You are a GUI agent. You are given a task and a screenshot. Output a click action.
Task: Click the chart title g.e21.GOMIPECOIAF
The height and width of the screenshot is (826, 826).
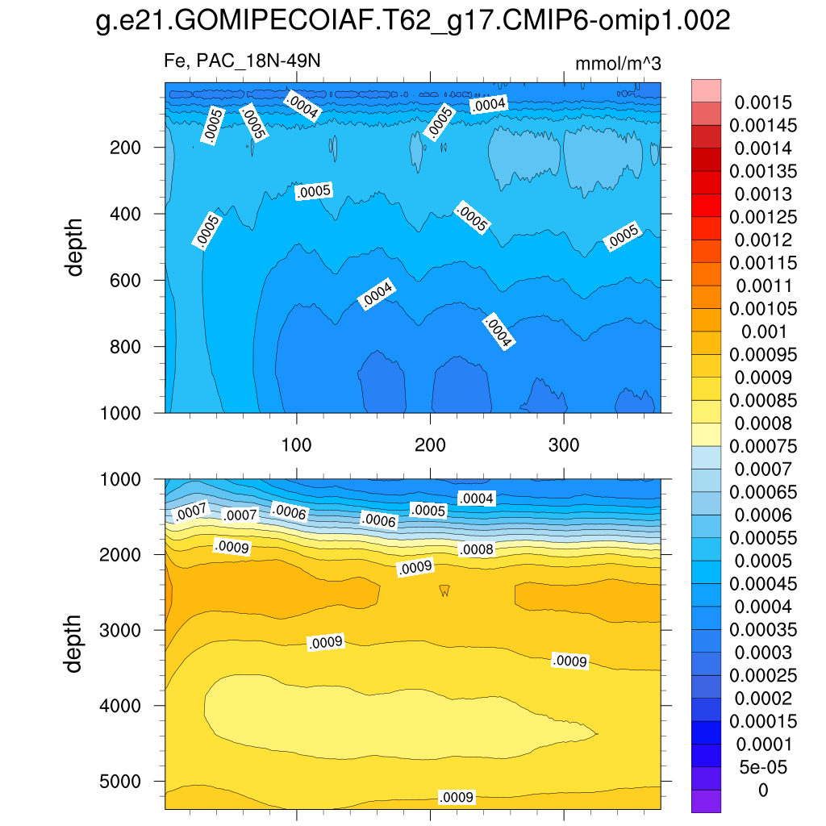[x=413, y=21]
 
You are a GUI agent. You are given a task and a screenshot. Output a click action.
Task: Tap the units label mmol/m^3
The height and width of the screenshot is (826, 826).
[x=618, y=64]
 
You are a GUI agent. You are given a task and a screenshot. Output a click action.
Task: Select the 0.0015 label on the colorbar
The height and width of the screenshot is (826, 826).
[x=763, y=102]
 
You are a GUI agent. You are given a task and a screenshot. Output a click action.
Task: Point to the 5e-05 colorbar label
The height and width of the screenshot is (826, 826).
[x=763, y=766]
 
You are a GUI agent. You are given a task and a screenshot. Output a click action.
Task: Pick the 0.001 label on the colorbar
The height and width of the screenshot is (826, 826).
[x=763, y=332]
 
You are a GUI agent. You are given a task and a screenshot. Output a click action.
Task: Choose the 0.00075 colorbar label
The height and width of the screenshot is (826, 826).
[x=763, y=446]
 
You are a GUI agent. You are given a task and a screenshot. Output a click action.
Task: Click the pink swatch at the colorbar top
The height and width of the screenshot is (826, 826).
[x=706, y=90]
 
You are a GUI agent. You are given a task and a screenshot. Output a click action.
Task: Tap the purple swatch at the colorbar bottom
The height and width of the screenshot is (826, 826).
[x=706, y=801]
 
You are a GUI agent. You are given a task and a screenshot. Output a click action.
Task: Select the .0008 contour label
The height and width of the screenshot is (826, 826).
[x=475, y=550]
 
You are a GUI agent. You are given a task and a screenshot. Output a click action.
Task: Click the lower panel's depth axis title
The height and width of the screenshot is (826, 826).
[x=75, y=643]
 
